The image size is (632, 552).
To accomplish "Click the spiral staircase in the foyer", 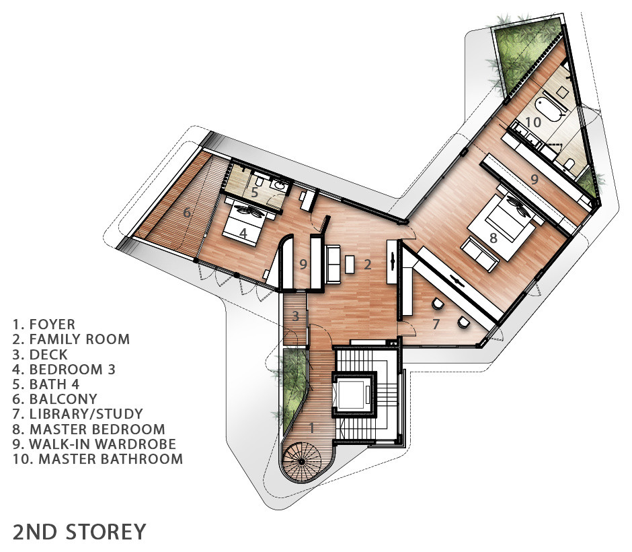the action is [x=301, y=462].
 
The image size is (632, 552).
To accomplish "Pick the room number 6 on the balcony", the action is [x=187, y=212].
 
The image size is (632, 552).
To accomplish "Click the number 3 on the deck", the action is [x=295, y=316].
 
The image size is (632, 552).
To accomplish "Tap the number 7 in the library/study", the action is [x=436, y=324].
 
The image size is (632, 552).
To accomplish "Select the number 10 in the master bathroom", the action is [x=533, y=121].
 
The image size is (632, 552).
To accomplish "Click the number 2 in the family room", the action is [x=367, y=265].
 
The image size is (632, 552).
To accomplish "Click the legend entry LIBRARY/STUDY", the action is [x=78, y=414].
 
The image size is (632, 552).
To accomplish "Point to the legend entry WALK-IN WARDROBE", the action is [x=94, y=444].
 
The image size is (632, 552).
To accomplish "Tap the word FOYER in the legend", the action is [x=52, y=324].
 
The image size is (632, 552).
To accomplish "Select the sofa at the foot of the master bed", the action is [x=479, y=254].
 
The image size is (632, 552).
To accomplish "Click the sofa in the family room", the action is [x=333, y=263].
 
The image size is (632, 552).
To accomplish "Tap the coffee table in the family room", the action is [x=350, y=264].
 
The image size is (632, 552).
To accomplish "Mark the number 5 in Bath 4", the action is [x=254, y=192].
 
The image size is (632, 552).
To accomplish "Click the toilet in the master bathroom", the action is [x=569, y=164].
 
